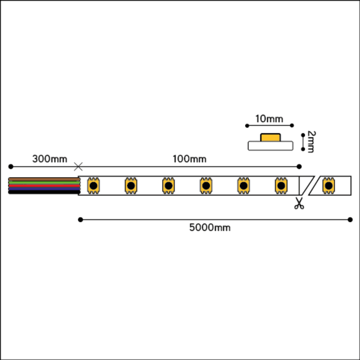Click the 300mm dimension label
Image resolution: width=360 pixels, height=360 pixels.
pos(49,159)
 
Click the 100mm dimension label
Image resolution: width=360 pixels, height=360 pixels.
pos(190,159)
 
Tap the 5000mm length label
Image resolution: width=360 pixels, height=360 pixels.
pos(210,227)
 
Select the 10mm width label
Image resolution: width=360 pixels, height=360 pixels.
pos(269,119)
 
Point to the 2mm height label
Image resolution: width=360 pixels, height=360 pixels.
pos(311,142)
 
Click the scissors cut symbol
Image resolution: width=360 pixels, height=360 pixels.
pos(299,203)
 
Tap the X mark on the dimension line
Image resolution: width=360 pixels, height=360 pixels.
pos(78,166)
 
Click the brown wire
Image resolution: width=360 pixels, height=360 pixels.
pos(44,179)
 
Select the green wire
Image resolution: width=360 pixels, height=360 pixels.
pos(44,182)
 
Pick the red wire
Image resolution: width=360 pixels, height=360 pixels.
pos(44,186)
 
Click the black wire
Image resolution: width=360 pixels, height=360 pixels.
pos(44,192)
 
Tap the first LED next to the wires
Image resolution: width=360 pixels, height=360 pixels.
pos(93,186)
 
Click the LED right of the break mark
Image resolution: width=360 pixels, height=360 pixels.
pos(328,186)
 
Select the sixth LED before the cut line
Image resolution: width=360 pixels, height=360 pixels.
pos(281,186)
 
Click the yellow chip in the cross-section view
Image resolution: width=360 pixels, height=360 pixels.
pos(271,137)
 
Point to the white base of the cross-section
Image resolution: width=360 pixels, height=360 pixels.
pos(271,146)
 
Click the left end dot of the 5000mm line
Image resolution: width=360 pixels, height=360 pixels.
pos(80,220)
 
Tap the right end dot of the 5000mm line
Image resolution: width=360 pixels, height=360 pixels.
pos(350,220)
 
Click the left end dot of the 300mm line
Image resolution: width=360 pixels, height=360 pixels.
pos(11,166)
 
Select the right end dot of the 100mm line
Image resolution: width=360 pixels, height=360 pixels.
pos(299,166)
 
